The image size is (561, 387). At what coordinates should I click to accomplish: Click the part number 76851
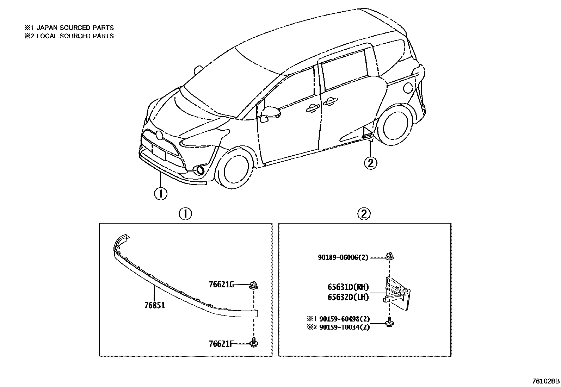point(154,305)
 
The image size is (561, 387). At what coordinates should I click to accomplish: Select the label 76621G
point(221,285)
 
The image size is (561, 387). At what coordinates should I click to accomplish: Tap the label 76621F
point(221,343)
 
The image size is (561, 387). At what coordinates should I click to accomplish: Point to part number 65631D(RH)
point(348,287)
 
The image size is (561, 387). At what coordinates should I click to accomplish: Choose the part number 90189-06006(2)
point(343,257)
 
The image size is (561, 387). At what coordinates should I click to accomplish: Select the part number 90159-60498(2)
point(344,319)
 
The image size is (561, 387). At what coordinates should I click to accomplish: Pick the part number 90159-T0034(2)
point(344,327)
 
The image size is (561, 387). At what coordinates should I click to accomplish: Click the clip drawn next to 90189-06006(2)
point(389,255)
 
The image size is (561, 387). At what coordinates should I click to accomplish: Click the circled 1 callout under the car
point(160,193)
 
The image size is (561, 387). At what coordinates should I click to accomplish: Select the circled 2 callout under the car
point(370,163)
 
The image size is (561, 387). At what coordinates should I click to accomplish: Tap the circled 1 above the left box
point(185,214)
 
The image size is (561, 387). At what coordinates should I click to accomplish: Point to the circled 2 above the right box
point(364,214)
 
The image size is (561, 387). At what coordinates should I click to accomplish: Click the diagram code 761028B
point(545,381)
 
